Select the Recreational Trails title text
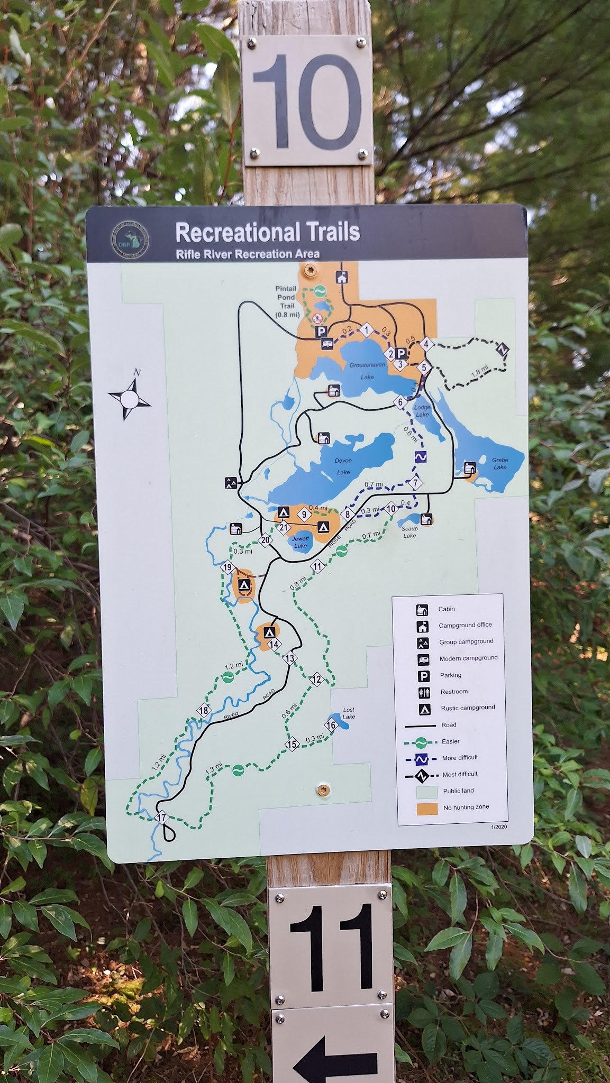click(x=267, y=232)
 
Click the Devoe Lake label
click(x=343, y=466)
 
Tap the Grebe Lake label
click(x=500, y=464)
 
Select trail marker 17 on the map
click(x=162, y=818)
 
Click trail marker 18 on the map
click(x=204, y=711)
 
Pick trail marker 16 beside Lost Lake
click(x=332, y=724)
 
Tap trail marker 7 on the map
click(x=416, y=482)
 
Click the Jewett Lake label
click(x=301, y=542)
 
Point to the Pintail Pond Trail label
click(x=287, y=302)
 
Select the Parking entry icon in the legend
click(x=423, y=675)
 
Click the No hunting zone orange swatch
click(x=427, y=808)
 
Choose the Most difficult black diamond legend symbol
click(x=421, y=776)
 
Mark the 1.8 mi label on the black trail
click(x=476, y=372)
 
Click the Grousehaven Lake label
click(x=367, y=371)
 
